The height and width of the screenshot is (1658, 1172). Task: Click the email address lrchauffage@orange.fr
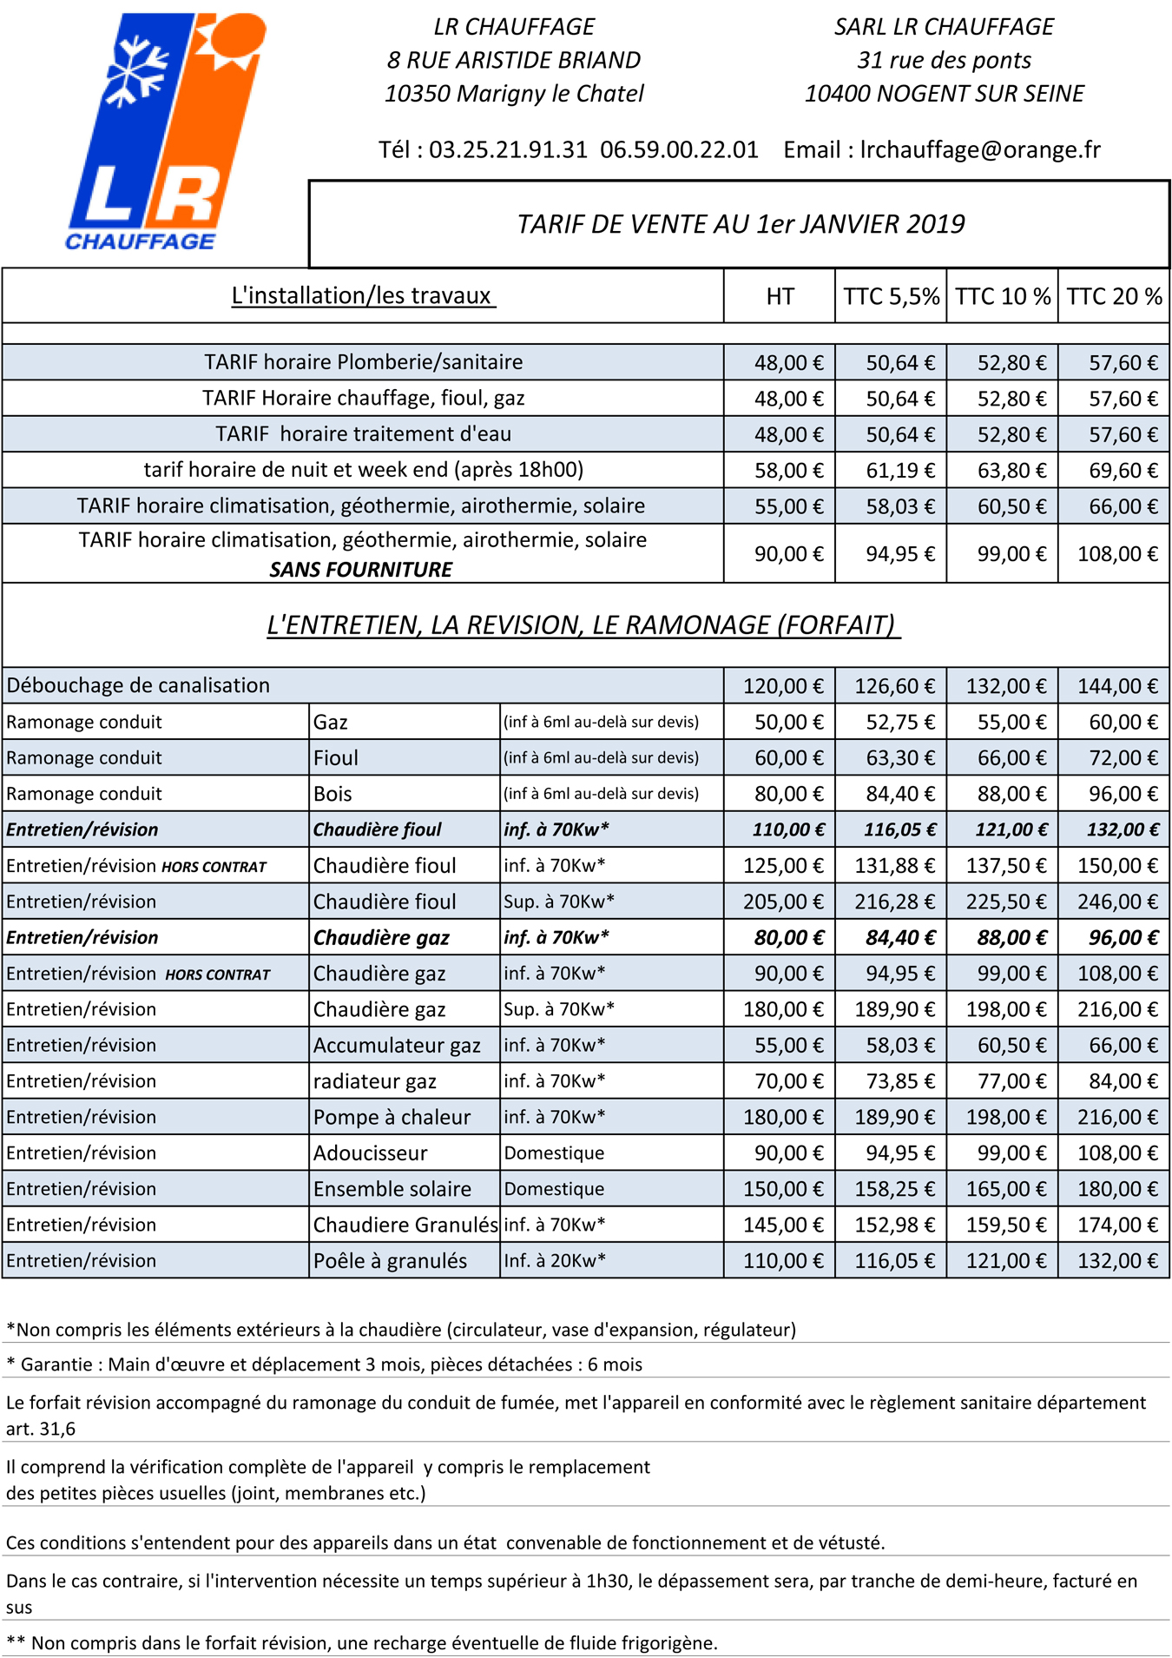click(x=980, y=149)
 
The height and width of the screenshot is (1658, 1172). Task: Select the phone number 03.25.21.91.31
click(x=508, y=149)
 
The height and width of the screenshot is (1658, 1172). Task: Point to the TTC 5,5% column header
click(x=891, y=296)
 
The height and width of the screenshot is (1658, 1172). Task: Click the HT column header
click(x=780, y=296)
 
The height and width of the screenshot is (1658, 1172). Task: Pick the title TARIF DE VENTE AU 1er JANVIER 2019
click(x=741, y=224)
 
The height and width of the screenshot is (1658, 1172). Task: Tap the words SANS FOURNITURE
click(x=360, y=570)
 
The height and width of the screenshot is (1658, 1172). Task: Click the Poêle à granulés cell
click(x=390, y=1260)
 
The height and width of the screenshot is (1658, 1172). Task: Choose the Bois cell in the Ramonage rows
click(x=333, y=794)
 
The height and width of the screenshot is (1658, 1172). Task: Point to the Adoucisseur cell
click(x=371, y=1153)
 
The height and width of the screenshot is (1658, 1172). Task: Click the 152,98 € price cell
click(x=894, y=1225)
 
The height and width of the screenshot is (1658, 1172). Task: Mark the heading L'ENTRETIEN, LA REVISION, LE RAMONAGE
click(x=582, y=625)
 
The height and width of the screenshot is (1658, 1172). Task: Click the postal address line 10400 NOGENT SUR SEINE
click(x=944, y=94)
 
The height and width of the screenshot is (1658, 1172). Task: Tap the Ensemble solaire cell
click(x=392, y=1189)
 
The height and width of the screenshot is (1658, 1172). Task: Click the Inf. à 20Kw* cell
click(x=556, y=1260)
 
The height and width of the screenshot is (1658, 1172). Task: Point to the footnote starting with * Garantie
click(x=325, y=1364)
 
